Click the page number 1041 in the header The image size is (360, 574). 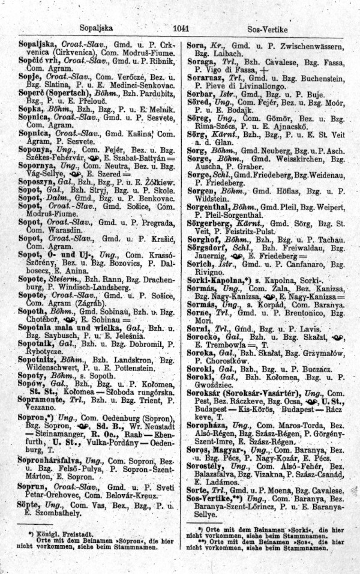point(180,28)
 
